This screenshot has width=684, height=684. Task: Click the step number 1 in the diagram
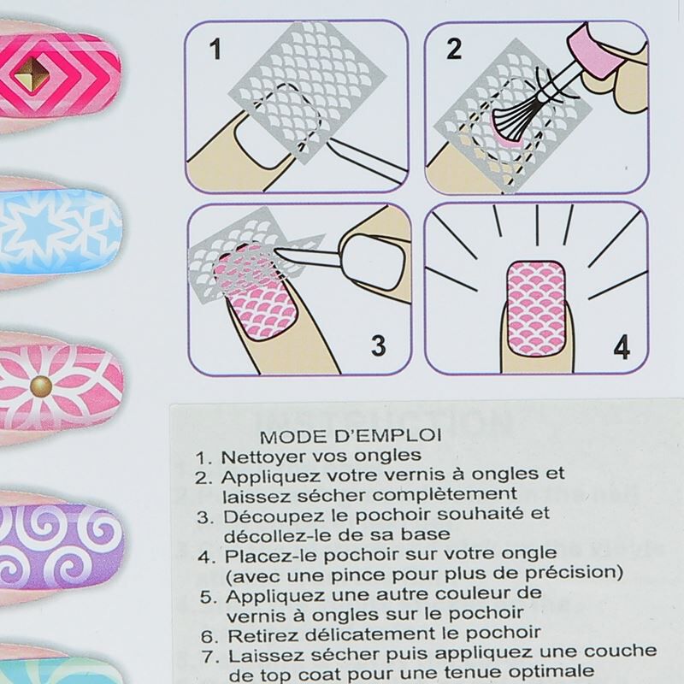point(215,49)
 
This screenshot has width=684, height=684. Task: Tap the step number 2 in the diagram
point(454,49)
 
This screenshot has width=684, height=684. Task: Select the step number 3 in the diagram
point(378,345)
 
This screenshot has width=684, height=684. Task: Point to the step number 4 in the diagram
point(622,347)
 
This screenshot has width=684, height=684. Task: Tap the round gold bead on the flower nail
point(41,386)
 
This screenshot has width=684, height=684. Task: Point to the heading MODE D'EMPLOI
point(351,436)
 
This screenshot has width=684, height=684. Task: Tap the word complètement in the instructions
point(445,495)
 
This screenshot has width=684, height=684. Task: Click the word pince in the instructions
point(365,575)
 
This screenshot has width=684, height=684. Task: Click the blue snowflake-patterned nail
point(59,231)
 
